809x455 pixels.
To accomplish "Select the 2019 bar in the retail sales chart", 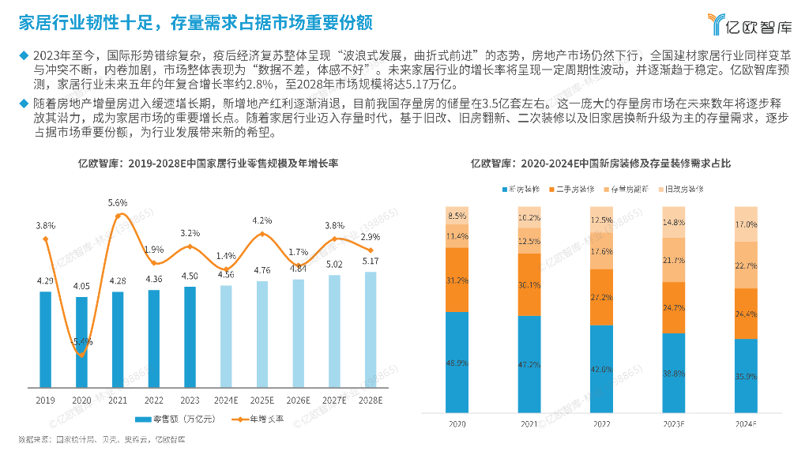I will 45,339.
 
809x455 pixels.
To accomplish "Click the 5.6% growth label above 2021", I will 118,203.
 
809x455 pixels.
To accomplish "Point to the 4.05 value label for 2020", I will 81,287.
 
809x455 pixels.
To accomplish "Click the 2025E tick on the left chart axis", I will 262,400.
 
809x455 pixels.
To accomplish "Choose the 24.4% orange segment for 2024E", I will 746,314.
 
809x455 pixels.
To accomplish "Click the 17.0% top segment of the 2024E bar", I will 746,224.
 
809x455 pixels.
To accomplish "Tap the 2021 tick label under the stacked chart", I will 529,424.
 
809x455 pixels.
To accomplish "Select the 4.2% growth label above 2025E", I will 262,220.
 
